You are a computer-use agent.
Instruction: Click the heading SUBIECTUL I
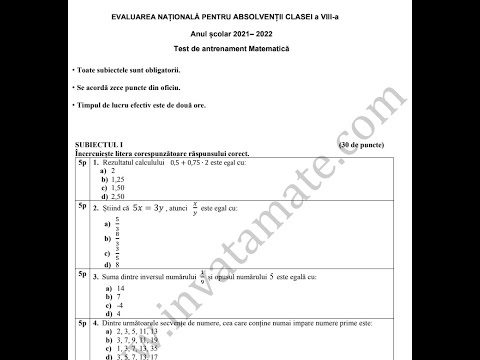(x=88, y=145)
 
